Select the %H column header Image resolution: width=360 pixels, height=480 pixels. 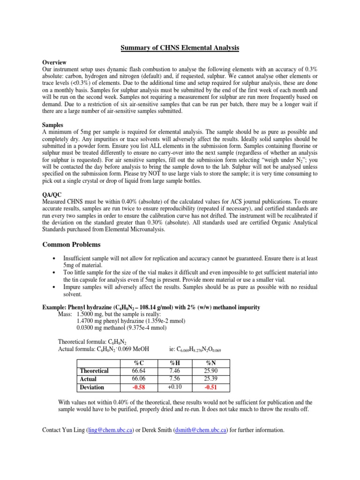click(x=176, y=363)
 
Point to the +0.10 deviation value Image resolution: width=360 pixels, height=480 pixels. click(x=176, y=387)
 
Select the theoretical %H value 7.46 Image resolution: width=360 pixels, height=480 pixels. click(x=176, y=371)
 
